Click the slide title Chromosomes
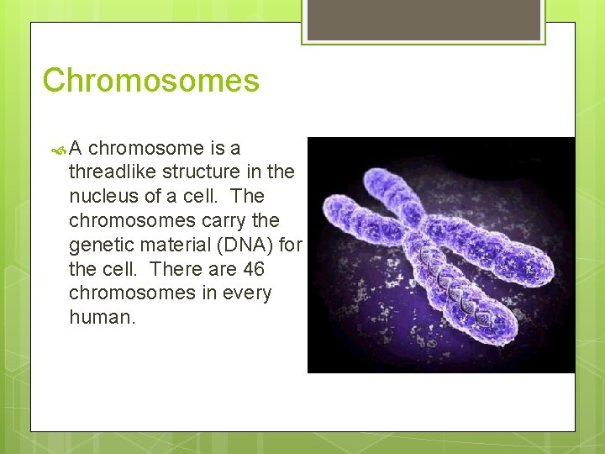150,81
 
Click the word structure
204,172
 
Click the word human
100,319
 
